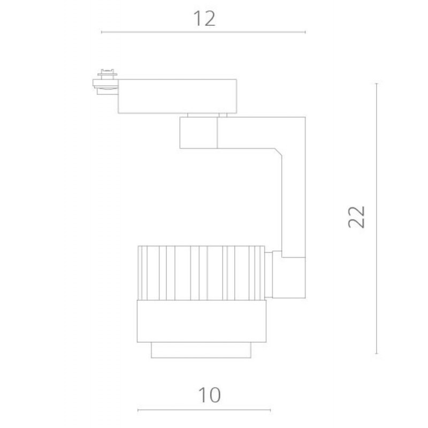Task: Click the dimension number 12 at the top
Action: (204, 19)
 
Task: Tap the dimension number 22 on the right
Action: (356, 217)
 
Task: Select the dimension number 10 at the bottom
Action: (209, 395)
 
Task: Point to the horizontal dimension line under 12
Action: (203, 32)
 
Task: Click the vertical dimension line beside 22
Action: (377, 218)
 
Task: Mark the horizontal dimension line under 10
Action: (204, 410)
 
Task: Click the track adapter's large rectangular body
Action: (178, 96)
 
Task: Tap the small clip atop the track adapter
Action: (108, 74)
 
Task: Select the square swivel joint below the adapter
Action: (198, 133)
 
